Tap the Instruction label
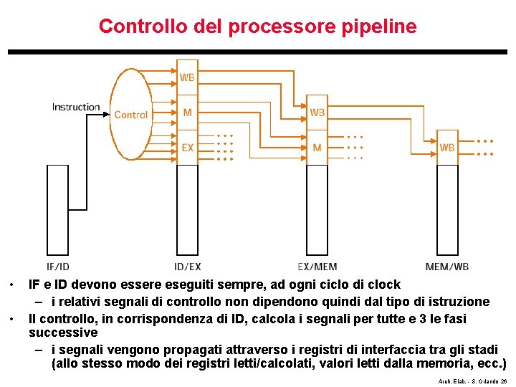click(76, 107)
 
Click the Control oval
click(131, 115)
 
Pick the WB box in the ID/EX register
click(187, 77)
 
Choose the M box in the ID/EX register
click(187, 113)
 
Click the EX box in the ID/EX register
click(187, 148)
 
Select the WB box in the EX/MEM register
click(317, 113)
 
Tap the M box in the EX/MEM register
click(317, 148)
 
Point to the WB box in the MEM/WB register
click(447, 148)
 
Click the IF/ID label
click(58, 267)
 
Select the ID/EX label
click(188, 267)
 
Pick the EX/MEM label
click(317, 267)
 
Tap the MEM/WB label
click(447, 267)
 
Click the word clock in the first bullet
click(384, 285)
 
